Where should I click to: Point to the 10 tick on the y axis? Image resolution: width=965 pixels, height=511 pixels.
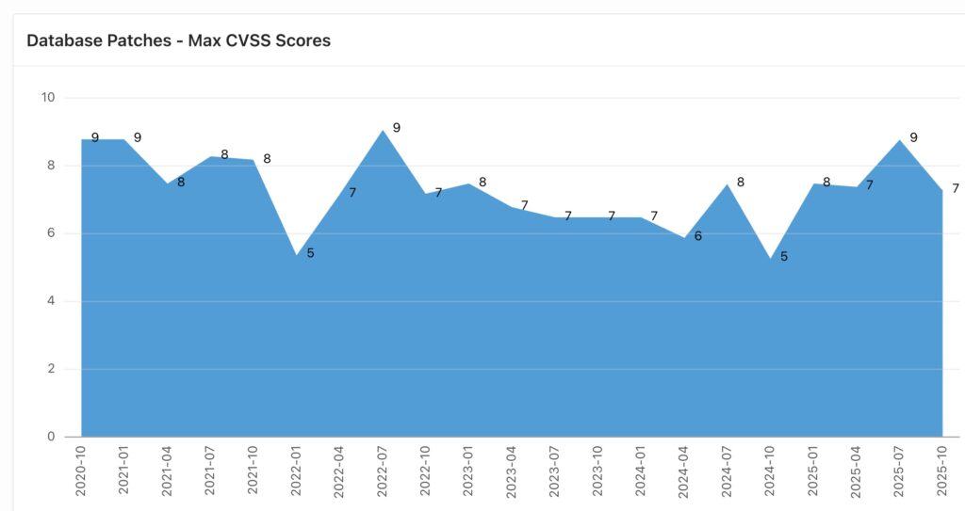point(48,97)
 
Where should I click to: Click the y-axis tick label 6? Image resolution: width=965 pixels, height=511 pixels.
point(51,233)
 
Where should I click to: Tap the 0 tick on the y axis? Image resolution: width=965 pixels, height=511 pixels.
point(51,437)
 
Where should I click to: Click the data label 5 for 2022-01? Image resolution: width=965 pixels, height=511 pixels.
point(310,253)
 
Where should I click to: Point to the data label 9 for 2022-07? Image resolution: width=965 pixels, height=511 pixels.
point(397,127)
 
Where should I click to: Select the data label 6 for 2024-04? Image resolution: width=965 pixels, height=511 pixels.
point(698,236)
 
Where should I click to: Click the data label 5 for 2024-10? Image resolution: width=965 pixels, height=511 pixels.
point(784,256)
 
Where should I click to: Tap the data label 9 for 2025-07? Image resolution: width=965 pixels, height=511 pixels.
point(913,137)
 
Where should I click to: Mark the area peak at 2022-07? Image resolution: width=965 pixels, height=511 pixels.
point(383,131)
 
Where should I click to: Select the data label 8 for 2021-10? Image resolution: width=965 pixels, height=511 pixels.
point(267,159)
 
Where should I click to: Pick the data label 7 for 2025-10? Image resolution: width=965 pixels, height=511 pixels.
point(956,188)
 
